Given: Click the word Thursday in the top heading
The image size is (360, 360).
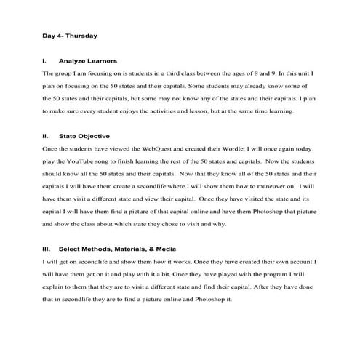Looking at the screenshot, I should coord(82,34).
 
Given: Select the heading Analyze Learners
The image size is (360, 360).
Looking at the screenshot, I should coord(88,60).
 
